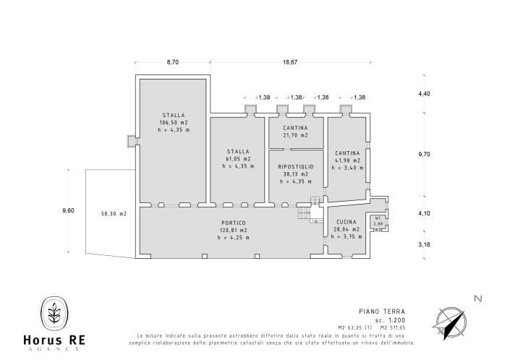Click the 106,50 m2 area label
(173, 122)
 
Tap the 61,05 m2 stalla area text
(238, 158)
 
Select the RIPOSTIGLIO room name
(295, 166)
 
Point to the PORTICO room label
(234, 223)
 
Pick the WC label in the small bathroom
(378, 218)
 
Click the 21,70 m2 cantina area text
(295, 135)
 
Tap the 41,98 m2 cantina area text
(347, 160)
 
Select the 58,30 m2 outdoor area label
(113, 214)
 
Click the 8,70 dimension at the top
(173, 63)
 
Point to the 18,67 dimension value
(290, 63)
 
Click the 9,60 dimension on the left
(69, 210)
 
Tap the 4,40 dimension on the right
(424, 94)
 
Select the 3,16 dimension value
(424, 245)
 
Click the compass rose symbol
(452, 321)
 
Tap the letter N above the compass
(477, 298)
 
